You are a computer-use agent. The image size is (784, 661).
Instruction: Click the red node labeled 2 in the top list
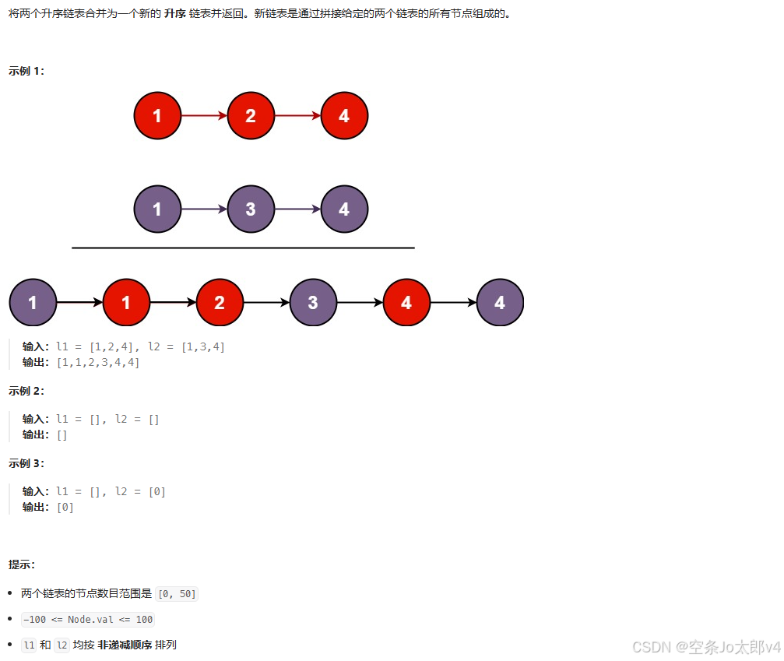tap(251, 116)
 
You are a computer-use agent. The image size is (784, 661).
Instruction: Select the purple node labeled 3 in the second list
tap(251, 209)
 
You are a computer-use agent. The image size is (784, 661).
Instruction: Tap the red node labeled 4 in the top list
tap(344, 116)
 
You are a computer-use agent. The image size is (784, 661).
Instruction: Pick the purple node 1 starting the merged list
tap(33, 302)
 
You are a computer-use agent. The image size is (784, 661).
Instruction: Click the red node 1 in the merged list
tap(126, 302)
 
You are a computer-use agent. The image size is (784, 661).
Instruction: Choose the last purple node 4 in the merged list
tap(500, 302)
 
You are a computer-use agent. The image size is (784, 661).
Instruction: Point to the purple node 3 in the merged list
tap(313, 302)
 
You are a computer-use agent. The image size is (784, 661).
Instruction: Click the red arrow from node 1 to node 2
tap(204, 116)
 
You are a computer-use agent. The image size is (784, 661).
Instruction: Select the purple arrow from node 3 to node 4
tap(297, 209)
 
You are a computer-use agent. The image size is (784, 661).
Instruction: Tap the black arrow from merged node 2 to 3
tap(266, 302)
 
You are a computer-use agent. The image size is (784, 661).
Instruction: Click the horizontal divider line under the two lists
tap(243, 248)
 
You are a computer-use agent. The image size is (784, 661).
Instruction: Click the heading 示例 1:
tap(26, 71)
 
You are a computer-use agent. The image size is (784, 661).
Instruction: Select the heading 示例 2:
tap(26, 391)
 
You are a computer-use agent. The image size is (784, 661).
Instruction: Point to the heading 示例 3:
tap(26, 463)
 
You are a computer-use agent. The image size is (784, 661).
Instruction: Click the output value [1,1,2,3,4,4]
tap(97, 362)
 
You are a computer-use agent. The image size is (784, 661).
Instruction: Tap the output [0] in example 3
tap(65, 507)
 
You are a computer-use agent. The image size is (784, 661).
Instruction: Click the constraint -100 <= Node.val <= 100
tap(88, 620)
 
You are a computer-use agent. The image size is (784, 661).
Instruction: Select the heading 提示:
tap(22, 564)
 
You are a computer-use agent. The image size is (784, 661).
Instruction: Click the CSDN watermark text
tap(705, 647)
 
